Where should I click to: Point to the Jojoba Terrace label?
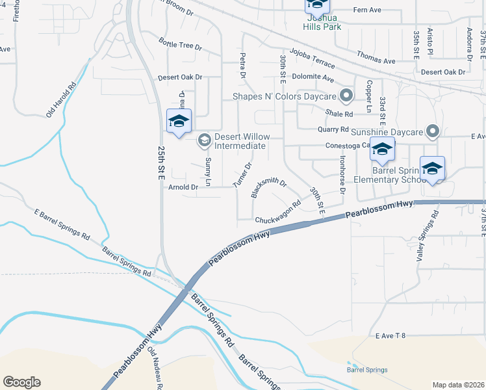coord(313,58)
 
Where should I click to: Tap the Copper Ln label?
coord(368,94)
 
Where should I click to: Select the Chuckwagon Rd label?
coord(277,212)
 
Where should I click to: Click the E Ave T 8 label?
coord(390,335)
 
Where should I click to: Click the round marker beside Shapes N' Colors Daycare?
coord(347,96)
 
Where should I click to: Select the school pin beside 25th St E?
coord(179,122)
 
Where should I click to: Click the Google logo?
coord(21,382)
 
